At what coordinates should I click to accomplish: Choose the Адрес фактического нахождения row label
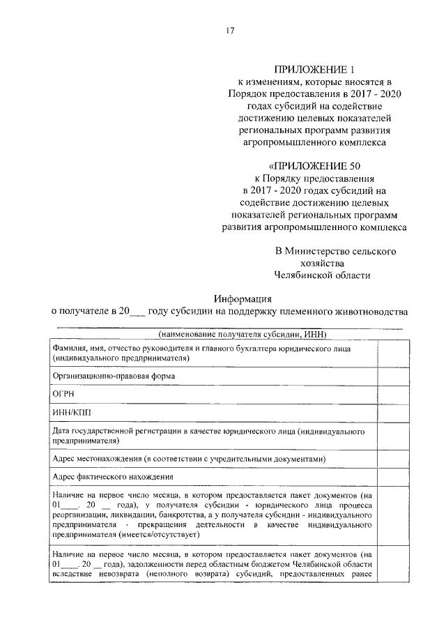pyautogui.click(x=113, y=477)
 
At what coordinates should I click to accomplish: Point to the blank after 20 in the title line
pyautogui.click(x=139, y=311)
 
